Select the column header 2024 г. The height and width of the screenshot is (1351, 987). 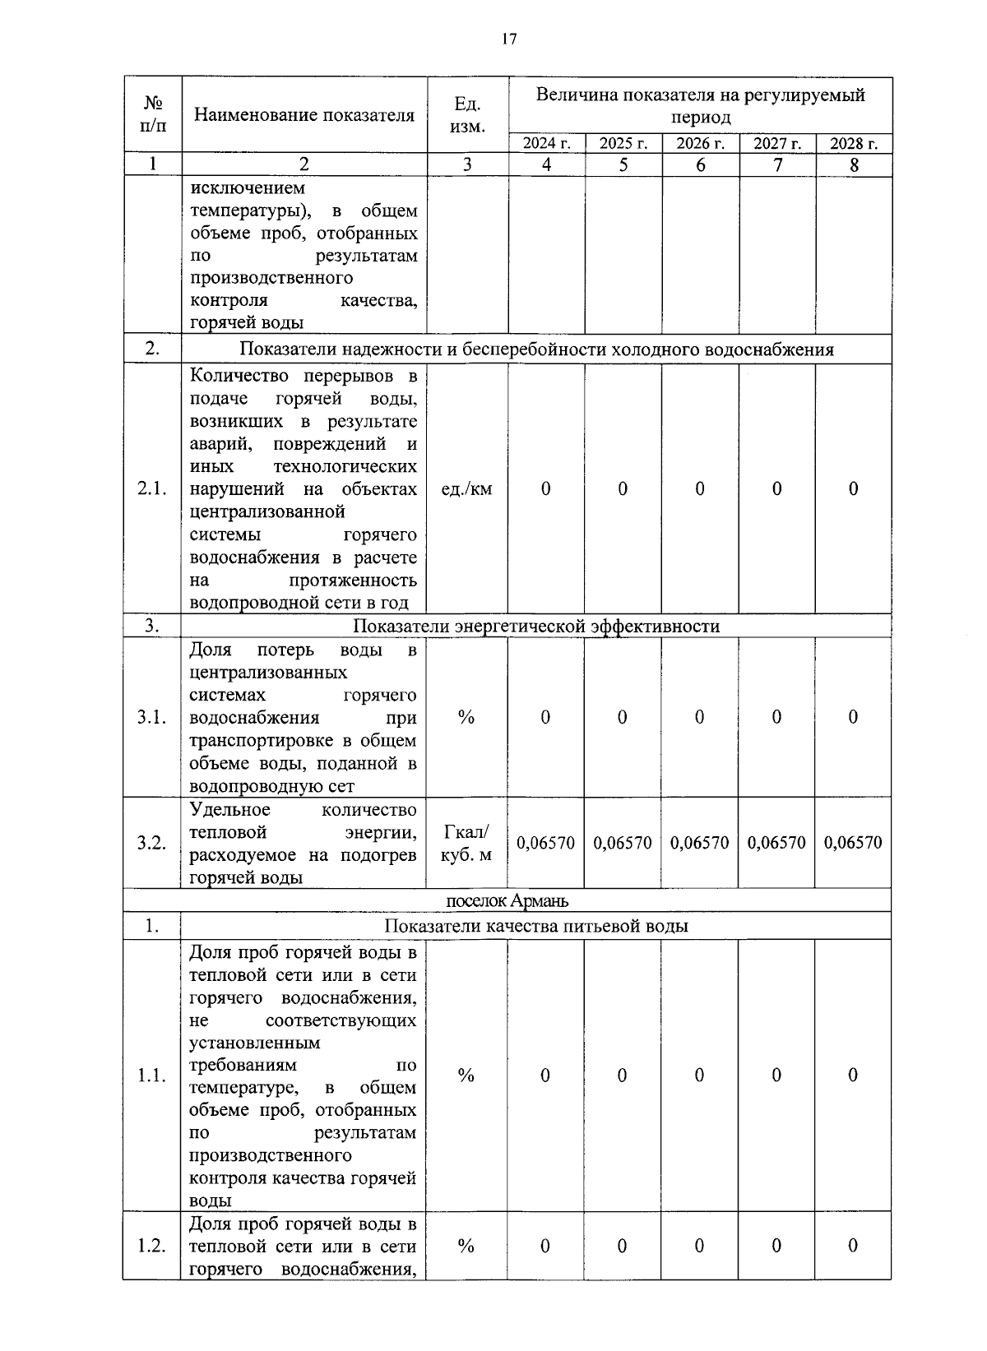click(x=547, y=144)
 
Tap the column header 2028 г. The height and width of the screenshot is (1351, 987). click(x=854, y=144)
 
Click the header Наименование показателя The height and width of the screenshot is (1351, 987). click(x=304, y=115)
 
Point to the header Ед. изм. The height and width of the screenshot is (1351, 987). click(x=467, y=115)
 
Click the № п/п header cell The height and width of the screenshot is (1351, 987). click(x=152, y=114)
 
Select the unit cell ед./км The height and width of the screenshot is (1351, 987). click(x=466, y=489)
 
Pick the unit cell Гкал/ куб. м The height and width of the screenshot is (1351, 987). click(x=466, y=843)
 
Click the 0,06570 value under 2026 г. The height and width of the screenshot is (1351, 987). click(x=699, y=843)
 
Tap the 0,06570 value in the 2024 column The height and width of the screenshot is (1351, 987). click(x=545, y=843)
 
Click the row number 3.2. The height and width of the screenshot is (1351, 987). click(x=152, y=843)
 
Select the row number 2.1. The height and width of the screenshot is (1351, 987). click(x=152, y=489)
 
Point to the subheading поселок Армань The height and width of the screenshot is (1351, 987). click(x=507, y=900)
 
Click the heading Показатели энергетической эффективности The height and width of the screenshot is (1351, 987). click(x=535, y=627)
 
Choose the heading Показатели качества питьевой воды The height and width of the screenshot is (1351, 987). click(x=535, y=927)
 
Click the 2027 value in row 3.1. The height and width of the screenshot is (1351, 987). click(x=776, y=717)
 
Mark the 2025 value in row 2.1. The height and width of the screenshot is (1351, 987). click(x=623, y=489)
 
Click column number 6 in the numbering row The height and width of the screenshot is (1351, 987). click(x=700, y=164)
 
